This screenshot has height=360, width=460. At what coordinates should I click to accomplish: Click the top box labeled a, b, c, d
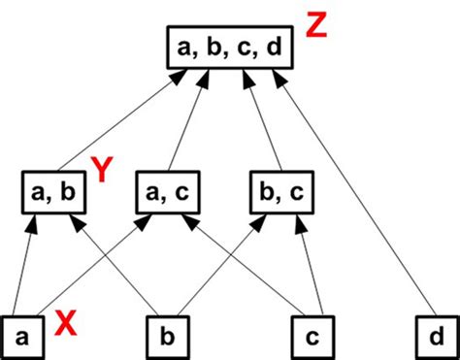230,48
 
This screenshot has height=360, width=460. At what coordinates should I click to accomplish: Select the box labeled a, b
56,191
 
